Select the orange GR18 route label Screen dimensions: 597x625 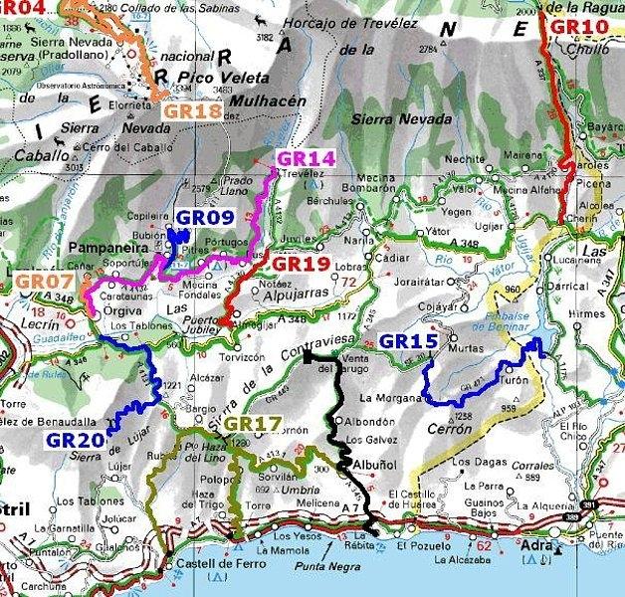(192, 111)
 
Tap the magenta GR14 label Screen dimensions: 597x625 (307, 158)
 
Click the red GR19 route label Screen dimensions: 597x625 (301, 264)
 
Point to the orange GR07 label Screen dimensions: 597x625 (45, 283)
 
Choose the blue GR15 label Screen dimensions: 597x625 (409, 341)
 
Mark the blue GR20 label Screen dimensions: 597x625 (76, 438)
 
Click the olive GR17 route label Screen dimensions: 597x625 (252, 424)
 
